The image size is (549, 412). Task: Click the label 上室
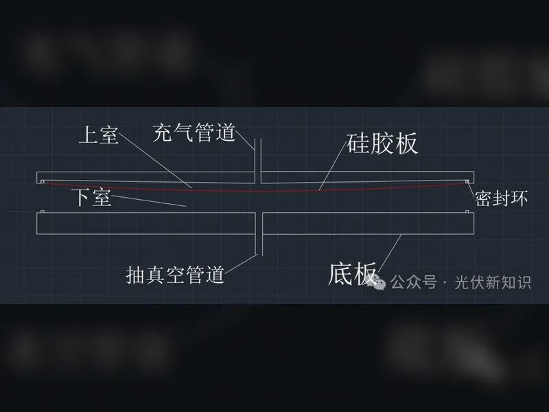point(99,135)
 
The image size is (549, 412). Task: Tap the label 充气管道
point(194,133)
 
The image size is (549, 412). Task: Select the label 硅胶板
point(382,144)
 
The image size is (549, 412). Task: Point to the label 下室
point(92,196)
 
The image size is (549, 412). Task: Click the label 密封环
point(501,198)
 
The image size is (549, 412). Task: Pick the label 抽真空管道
point(175,275)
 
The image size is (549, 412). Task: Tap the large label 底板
point(352,273)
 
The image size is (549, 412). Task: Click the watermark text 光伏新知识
point(493,282)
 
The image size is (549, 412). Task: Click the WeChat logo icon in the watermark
point(375,282)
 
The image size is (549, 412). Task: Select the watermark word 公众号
point(414,282)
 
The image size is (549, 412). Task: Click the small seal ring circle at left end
point(43,181)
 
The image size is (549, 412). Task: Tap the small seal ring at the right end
point(467,181)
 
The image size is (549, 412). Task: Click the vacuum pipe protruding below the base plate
point(259,244)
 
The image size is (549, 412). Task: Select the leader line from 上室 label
point(155,161)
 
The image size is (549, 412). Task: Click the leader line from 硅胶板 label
point(333,167)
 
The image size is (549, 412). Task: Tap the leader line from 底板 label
point(389,253)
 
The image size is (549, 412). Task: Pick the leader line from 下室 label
point(149,201)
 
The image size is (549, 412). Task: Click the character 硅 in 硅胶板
point(358,144)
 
